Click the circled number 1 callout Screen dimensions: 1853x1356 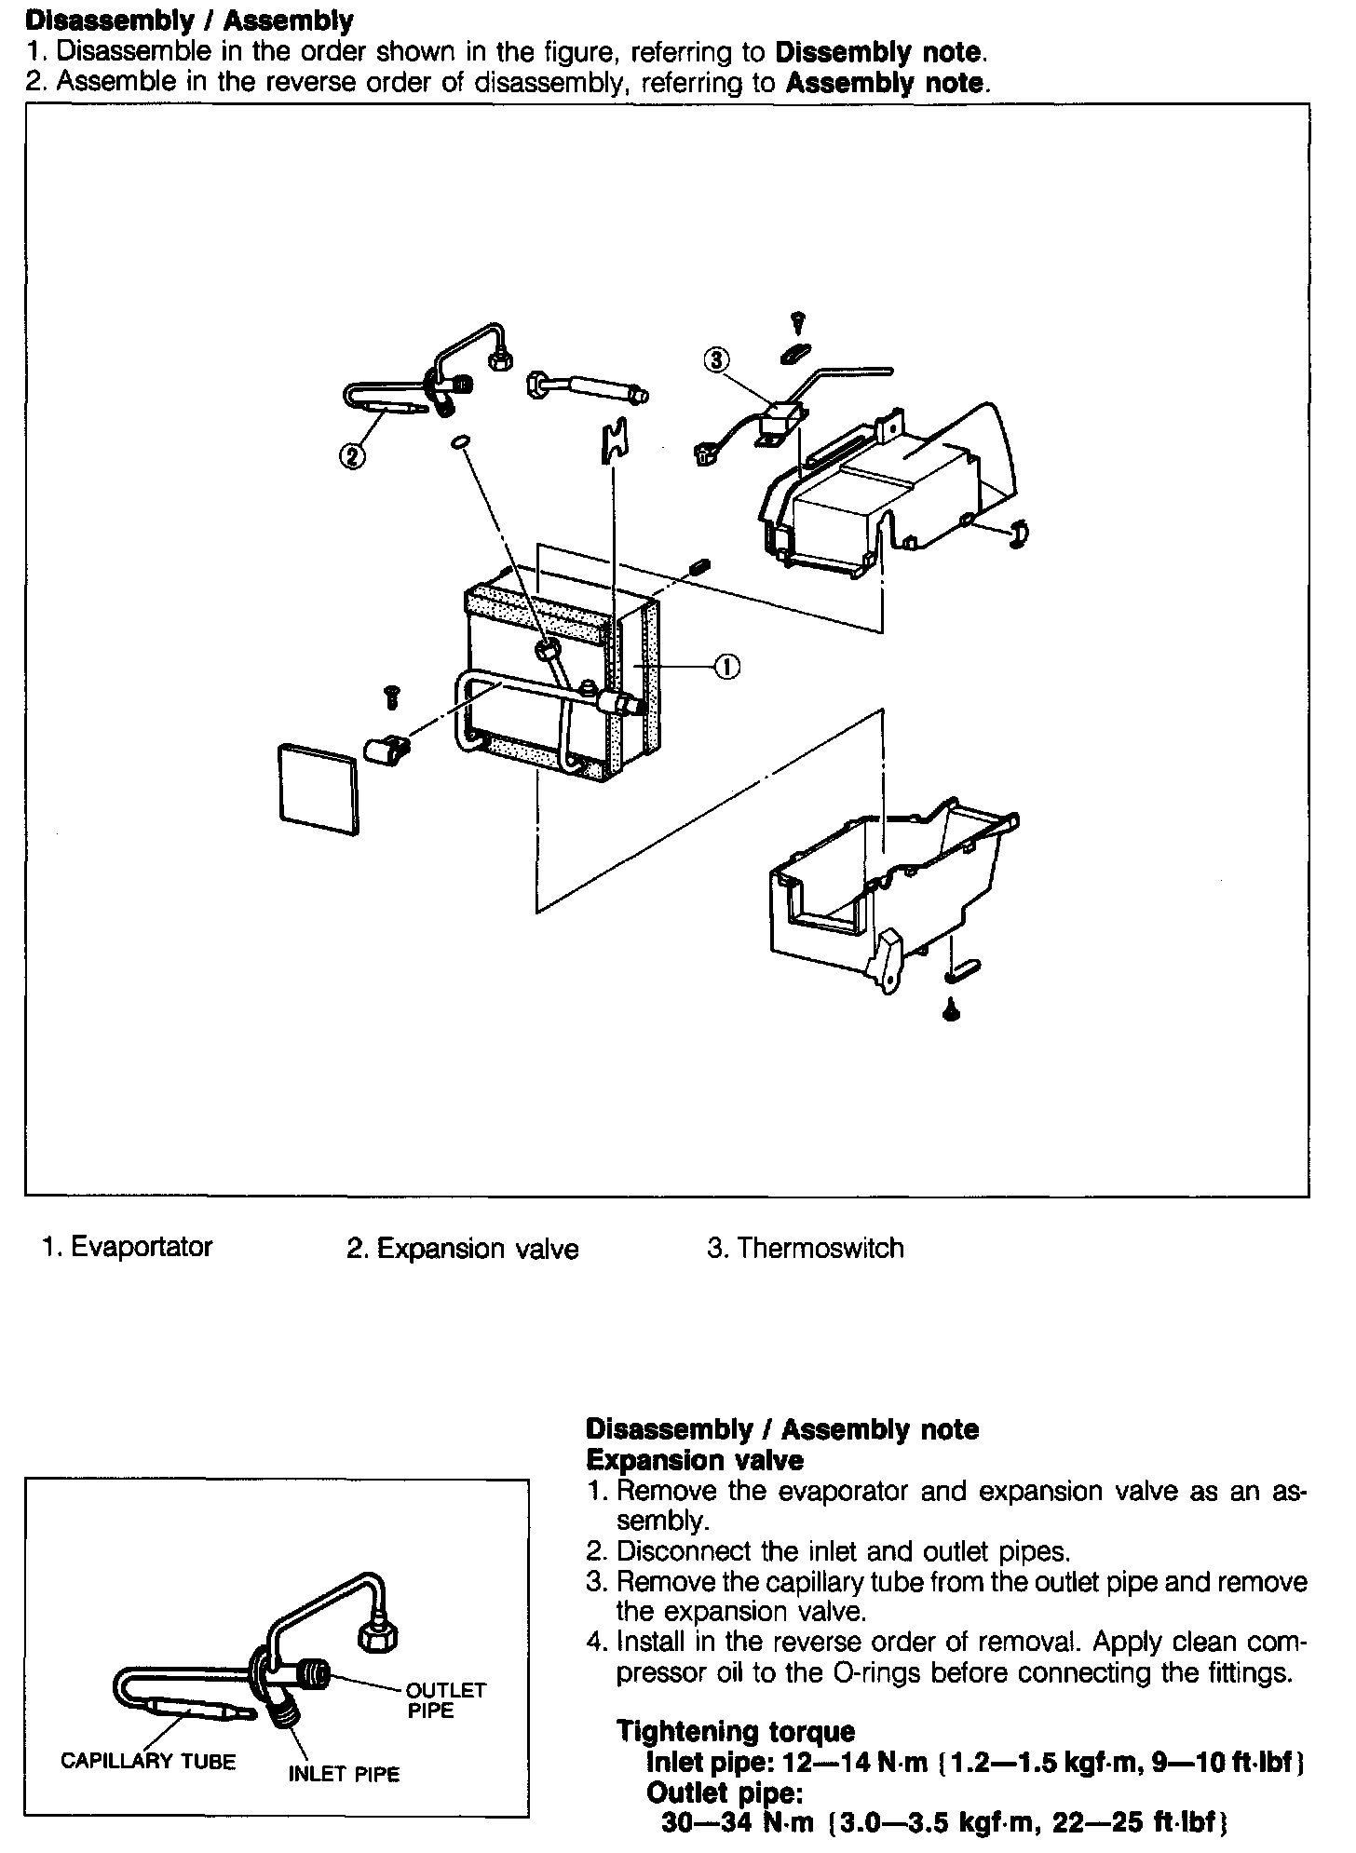(x=727, y=666)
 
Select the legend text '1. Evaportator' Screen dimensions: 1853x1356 (x=128, y=1247)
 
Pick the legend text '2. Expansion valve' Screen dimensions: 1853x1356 (x=462, y=1249)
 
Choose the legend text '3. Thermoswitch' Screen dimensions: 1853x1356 (x=805, y=1248)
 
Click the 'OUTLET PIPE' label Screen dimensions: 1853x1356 (x=445, y=1700)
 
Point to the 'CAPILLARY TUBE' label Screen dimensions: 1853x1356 (x=148, y=1761)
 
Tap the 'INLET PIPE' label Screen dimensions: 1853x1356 (x=344, y=1774)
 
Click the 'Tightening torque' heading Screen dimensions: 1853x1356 (x=736, y=1731)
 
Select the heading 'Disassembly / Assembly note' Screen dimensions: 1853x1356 (x=782, y=1428)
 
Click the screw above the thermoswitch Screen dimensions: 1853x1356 (x=798, y=322)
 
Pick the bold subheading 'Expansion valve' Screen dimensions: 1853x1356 (x=694, y=1459)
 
